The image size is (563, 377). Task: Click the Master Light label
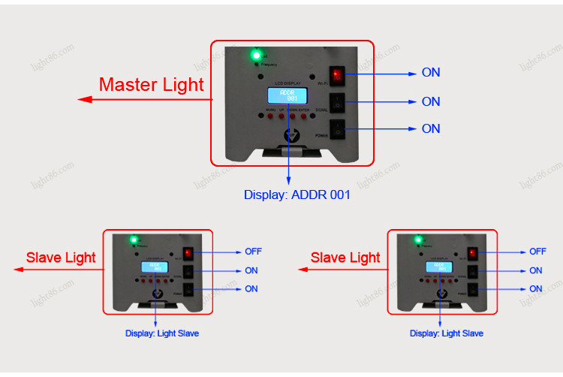coord(151,85)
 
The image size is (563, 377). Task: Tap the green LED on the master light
coord(256,55)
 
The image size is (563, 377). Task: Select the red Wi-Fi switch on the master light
coord(338,74)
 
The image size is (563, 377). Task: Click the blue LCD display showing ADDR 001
coord(288,96)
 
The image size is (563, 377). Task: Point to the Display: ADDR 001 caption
coord(297,195)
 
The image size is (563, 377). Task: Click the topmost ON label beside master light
coord(431,73)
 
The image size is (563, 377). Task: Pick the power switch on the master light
coord(339,128)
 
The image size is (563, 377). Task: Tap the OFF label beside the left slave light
coord(253,252)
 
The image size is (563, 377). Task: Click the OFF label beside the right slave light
coord(537,252)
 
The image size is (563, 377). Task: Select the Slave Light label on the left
coord(61,258)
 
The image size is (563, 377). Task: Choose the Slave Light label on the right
coord(345,258)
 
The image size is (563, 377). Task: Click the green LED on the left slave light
coord(133,240)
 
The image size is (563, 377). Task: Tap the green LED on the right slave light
coord(417,240)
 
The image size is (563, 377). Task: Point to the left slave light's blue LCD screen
coord(155,268)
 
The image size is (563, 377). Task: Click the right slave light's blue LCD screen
coord(439,268)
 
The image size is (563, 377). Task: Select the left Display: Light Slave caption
coord(162,333)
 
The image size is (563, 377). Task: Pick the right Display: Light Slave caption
coord(447,333)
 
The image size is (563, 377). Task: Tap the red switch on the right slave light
coord(473,254)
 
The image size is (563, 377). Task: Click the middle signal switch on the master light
coord(339,101)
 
